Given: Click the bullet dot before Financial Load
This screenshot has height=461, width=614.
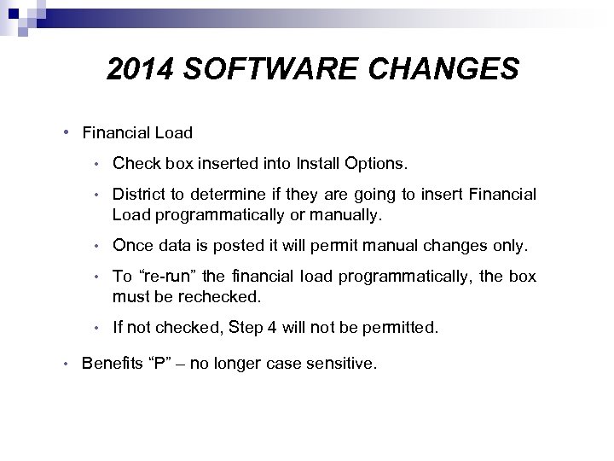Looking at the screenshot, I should point(67,132).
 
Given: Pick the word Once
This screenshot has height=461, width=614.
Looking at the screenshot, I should point(131,247).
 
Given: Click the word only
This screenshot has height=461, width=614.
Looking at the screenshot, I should point(510,247).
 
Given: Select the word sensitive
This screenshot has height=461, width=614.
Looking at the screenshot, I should point(342,364).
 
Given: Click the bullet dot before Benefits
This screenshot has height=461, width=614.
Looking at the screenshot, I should point(67,364).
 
